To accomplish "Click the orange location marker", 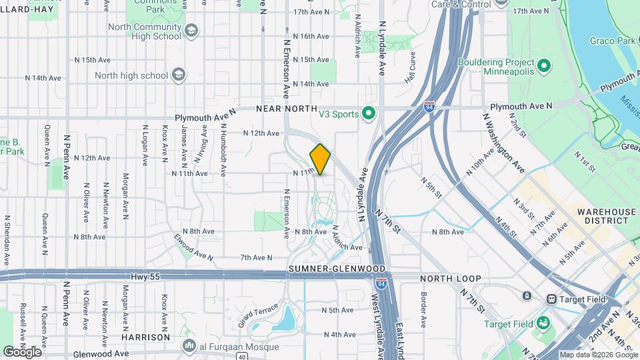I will coord(320,159).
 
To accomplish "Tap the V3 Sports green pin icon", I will coord(366,114).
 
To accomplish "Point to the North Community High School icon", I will coord(191,31).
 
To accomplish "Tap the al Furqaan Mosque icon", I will coord(189,346).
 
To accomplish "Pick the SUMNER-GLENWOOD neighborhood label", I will coord(327,268).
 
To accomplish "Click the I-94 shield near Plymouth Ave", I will coord(429,107).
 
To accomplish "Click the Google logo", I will coord(21,351).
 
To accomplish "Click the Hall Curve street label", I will coord(409,68).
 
